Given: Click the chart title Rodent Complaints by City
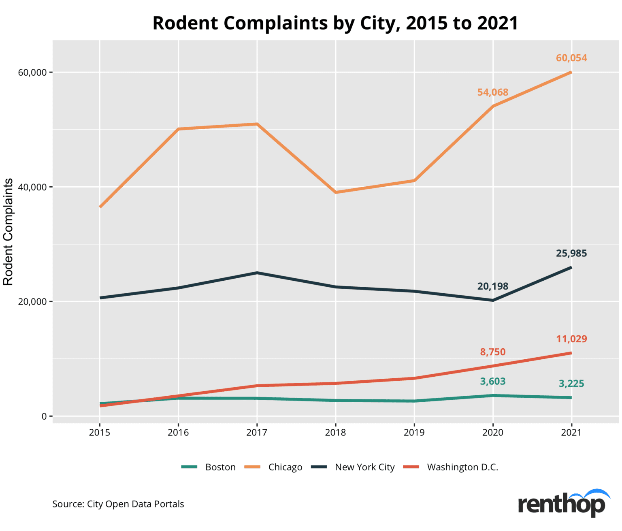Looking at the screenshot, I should click(x=335, y=23).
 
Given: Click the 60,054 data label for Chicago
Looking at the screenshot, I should click(x=571, y=58).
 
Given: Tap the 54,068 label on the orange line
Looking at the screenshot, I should click(x=492, y=92).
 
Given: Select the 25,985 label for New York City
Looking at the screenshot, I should click(x=571, y=253).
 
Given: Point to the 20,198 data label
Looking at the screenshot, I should click(x=492, y=286).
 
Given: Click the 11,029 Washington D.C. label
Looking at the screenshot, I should click(x=571, y=339).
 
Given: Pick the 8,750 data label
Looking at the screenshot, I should click(x=492, y=352).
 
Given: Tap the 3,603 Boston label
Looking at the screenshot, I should click(x=492, y=382).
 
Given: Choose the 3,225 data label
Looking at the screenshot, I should click(x=571, y=384).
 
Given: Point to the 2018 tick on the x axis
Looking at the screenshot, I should click(x=335, y=433).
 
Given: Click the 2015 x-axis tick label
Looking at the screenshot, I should click(x=100, y=433).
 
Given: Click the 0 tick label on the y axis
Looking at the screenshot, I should click(x=44, y=416).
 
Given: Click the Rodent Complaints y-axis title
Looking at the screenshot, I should click(x=9, y=232).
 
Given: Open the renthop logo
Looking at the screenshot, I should click(x=563, y=503).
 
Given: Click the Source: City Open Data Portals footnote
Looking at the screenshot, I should click(x=118, y=504).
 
